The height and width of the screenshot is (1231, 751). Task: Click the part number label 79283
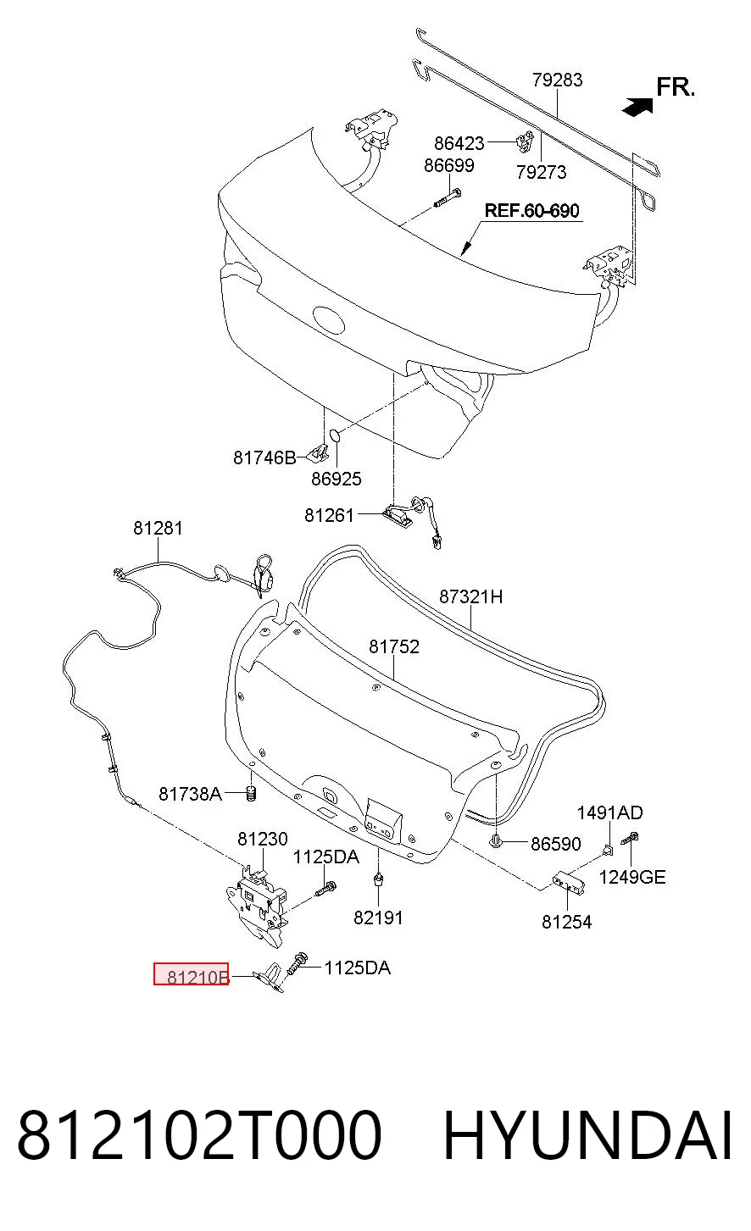tap(557, 80)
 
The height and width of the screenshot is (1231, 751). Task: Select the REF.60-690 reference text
tap(531, 210)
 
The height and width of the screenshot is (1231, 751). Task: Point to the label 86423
tap(459, 143)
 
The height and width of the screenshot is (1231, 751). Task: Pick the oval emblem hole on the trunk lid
tap(329, 320)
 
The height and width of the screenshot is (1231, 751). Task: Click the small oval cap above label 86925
tap(334, 436)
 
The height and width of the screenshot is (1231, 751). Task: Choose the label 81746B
tap(264, 457)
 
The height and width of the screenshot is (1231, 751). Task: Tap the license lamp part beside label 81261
tap(397, 515)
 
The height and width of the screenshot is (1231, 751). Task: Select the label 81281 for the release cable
tap(158, 528)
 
